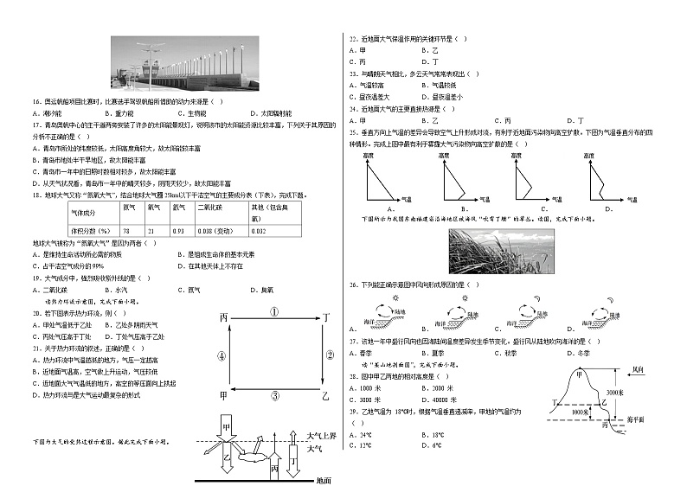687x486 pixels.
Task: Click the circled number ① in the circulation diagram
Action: [273, 312]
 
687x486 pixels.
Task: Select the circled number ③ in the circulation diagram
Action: [274, 396]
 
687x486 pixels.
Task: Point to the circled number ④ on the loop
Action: [222, 355]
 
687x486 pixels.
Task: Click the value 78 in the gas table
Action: [126, 231]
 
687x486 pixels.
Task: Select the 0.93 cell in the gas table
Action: [178, 231]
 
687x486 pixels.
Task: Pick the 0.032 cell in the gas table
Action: [258, 231]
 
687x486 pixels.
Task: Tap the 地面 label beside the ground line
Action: [324, 480]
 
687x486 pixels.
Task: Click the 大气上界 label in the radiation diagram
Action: [322, 436]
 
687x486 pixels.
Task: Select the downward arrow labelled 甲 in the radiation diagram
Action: [227, 431]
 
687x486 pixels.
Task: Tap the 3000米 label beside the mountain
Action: [616, 393]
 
